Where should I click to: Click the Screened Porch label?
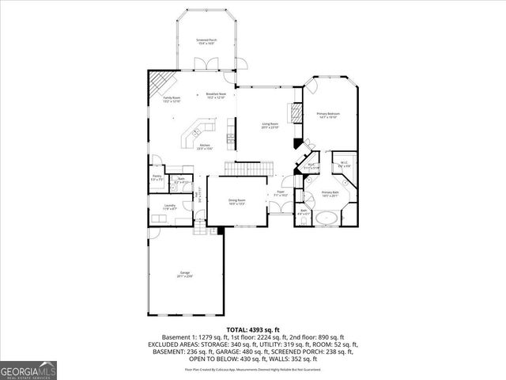coord(206,41)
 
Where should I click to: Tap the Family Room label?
coord(172,100)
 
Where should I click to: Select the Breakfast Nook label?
coord(216,96)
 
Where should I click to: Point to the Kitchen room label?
coord(205,147)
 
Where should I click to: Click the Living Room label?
coord(270,126)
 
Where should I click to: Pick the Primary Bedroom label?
coord(328,116)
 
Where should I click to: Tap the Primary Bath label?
coord(330,195)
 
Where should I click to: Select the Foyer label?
coord(278,194)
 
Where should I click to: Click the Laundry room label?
coord(170,207)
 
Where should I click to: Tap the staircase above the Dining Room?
coord(244,168)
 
